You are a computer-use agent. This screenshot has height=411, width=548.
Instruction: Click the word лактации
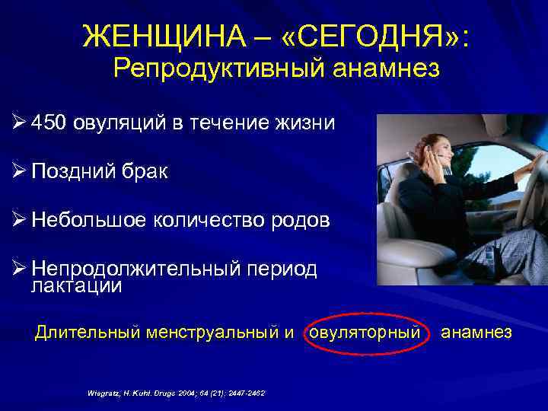(x=76, y=285)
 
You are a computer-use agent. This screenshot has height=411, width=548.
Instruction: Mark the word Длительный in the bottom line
(x=83, y=332)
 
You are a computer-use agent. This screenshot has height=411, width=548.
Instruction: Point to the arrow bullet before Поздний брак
(x=21, y=172)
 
